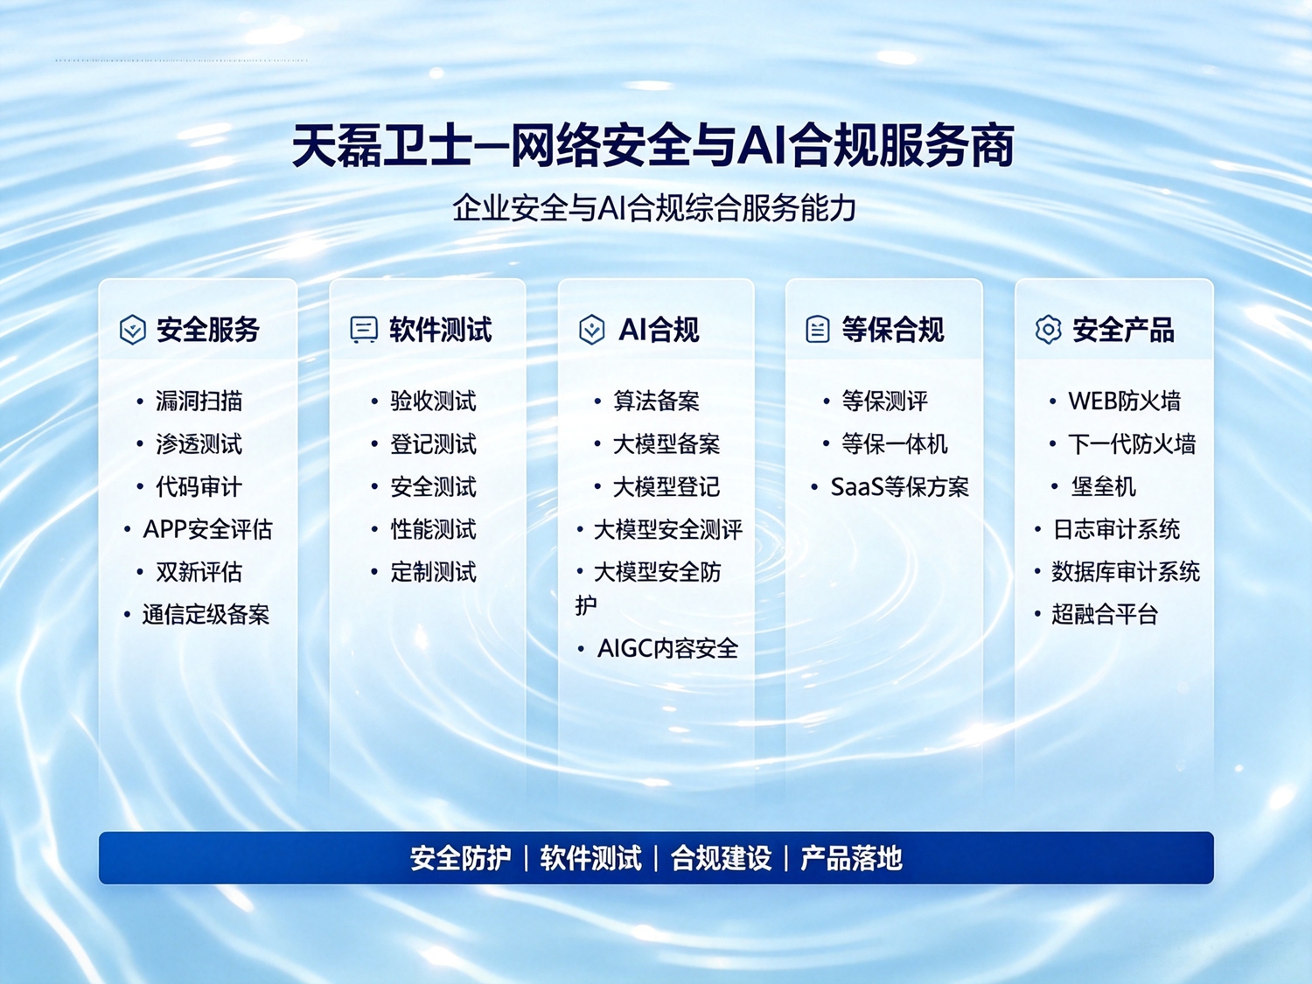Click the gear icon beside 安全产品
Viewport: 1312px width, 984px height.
(x=1048, y=329)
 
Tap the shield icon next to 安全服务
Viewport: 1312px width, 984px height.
(x=132, y=329)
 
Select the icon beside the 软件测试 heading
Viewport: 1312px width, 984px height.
(x=363, y=329)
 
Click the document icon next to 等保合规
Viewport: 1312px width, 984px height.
(x=818, y=329)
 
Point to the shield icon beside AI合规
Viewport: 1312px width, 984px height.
(x=592, y=329)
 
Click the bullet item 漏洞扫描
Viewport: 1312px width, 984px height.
(x=199, y=401)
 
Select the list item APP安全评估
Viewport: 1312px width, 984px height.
(x=207, y=529)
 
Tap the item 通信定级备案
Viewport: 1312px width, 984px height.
(x=206, y=614)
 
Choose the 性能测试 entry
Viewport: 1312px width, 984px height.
(x=433, y=529)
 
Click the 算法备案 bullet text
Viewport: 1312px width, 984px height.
(x=656, y=401)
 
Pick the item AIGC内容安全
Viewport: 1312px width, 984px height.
(x=667, y=648)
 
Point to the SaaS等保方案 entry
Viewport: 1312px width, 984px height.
(x=899, y=487)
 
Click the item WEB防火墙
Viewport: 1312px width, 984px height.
(x=1124, y=401)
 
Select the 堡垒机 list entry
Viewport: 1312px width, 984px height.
(x=1103, y=487)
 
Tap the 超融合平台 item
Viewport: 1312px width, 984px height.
(x=1105, y=614)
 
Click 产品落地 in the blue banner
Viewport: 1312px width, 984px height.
(x=851, y=858)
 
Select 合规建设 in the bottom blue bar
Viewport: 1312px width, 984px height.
(x=721, y=858)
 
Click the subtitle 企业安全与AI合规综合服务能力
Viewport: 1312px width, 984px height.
(x=654, y=208)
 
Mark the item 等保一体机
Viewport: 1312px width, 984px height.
(x=894, y=444)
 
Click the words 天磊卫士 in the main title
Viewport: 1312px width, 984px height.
(x=381, y=145)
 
